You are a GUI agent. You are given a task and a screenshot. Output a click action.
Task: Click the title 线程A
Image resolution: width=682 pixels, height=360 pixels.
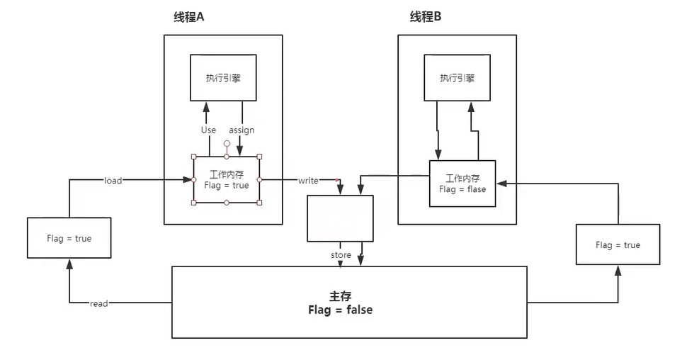pos(188,17)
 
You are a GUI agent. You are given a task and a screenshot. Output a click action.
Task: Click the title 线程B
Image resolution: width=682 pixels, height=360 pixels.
pos(426,17)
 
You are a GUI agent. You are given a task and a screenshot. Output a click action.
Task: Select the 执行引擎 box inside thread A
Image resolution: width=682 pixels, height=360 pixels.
pos(223,78)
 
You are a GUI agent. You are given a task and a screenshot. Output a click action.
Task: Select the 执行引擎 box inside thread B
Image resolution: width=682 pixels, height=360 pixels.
pos(457,78)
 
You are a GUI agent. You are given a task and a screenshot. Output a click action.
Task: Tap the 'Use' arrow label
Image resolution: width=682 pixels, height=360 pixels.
pos(208,130)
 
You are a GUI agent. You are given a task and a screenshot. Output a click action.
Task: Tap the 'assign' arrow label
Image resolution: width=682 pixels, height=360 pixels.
pos(241,130)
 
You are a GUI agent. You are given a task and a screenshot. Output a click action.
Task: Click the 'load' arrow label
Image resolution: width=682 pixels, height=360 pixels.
pos(113,181)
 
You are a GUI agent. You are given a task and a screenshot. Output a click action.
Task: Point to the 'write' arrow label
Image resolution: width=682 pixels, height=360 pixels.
pos(308,181)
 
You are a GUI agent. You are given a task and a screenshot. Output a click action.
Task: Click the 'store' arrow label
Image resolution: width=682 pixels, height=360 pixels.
pos(341,254)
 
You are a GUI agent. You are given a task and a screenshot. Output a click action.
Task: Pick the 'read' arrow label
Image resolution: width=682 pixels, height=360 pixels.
pos(99,303)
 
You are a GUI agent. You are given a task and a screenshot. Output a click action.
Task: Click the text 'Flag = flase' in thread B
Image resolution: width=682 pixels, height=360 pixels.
pos(462,190)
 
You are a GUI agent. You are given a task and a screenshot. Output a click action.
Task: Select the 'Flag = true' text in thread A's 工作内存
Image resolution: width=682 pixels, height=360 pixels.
pos(226,186)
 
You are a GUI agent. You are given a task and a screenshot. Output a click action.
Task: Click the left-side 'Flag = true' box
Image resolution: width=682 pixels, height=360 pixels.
pos(69,238)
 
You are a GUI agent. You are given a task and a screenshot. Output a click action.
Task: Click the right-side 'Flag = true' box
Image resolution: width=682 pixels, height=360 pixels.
pos(618,245)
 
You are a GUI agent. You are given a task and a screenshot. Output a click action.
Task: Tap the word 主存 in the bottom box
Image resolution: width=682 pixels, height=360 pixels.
pos(341,296)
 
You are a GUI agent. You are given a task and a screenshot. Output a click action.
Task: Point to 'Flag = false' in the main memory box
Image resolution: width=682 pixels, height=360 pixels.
pos(341,310)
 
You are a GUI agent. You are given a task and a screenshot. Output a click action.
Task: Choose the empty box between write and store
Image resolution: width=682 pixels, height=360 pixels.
pos(340,218)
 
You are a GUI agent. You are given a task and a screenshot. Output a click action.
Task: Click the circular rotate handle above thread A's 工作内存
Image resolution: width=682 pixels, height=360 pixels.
pos(227,143)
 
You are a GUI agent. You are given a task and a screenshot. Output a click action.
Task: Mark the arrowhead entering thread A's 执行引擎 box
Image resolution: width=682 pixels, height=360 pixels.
pos(207,106)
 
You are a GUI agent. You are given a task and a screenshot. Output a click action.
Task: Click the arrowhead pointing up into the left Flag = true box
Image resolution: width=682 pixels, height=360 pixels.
pos(69,263)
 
